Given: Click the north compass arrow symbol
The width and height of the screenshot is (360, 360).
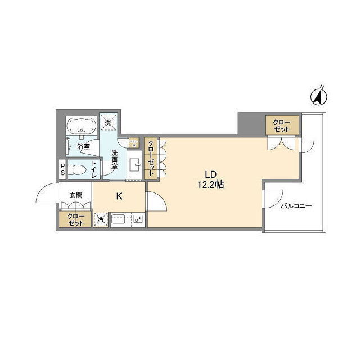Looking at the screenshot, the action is click(x=319, y=97).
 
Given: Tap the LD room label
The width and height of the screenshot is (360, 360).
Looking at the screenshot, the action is click(x=211, y=175).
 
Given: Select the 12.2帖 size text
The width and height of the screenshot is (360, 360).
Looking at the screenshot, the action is click(x=211, y=184).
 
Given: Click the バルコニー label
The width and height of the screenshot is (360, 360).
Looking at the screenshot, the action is click(x=296, y=206).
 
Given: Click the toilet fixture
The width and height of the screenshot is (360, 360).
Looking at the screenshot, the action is click(x=77, y=170).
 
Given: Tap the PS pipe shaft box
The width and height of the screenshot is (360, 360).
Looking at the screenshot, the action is click(x=62, y=169).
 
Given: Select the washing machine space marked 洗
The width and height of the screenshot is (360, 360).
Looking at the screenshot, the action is click(x=108, y=122).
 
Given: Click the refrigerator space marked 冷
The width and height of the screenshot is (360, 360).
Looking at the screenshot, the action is click(x=101, y=219).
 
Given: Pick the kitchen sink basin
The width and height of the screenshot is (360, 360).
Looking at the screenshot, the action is click(x=118, y=219).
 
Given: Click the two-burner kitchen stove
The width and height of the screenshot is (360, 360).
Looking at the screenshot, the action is click(x=138, y=219).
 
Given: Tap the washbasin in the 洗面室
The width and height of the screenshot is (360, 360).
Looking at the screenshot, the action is click(x=134, y=164).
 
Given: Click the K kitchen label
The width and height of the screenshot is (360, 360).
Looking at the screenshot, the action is click(x=119, y=196).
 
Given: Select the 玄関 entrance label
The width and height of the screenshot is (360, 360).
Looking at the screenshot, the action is click(x=76, y=195).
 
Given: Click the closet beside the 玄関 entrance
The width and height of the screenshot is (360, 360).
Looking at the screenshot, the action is click(x=75, y=219).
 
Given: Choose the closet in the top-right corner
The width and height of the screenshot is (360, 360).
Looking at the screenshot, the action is click(x=282, y=125).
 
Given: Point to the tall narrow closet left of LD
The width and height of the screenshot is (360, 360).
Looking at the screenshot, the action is click(x=151, y=158).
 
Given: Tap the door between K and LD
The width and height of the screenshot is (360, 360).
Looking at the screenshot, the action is click(x=157, y=201).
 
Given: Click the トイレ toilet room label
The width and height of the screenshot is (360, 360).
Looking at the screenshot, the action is click(x=94, y=169).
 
